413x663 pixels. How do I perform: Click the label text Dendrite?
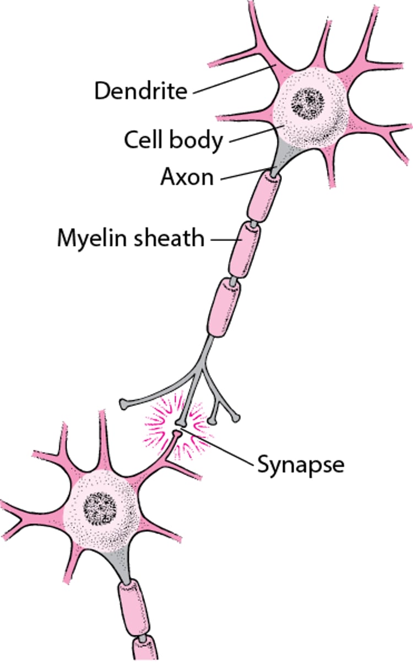[x=141, y=91]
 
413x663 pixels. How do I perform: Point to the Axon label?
[x=187, y=177]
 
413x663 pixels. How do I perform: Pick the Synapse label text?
[x=301, y=464]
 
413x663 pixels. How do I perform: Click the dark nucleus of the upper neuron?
[x=308, y=101]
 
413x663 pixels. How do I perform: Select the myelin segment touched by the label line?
[x=244, y=250]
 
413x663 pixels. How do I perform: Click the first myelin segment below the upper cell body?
[x=263, y=196]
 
